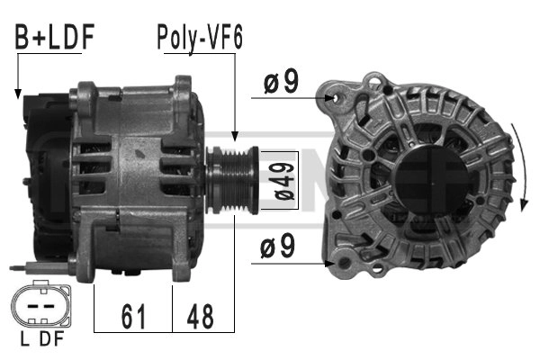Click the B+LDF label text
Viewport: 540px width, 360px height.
coord(54,36)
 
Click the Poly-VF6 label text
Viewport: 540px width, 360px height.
coord(200,38)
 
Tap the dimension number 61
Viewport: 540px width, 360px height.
coord(133,316)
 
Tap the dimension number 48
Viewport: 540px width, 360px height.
coord(200,316)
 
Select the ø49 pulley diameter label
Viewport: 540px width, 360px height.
coord(283,181)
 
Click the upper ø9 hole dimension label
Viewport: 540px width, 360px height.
coord(282,82)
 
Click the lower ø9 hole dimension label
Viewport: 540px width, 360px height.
coord(277,246)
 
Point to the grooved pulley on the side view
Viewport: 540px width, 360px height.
coord(232,180)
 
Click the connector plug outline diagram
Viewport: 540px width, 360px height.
coord(41,304)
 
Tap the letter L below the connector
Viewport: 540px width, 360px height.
coord(25,339)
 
